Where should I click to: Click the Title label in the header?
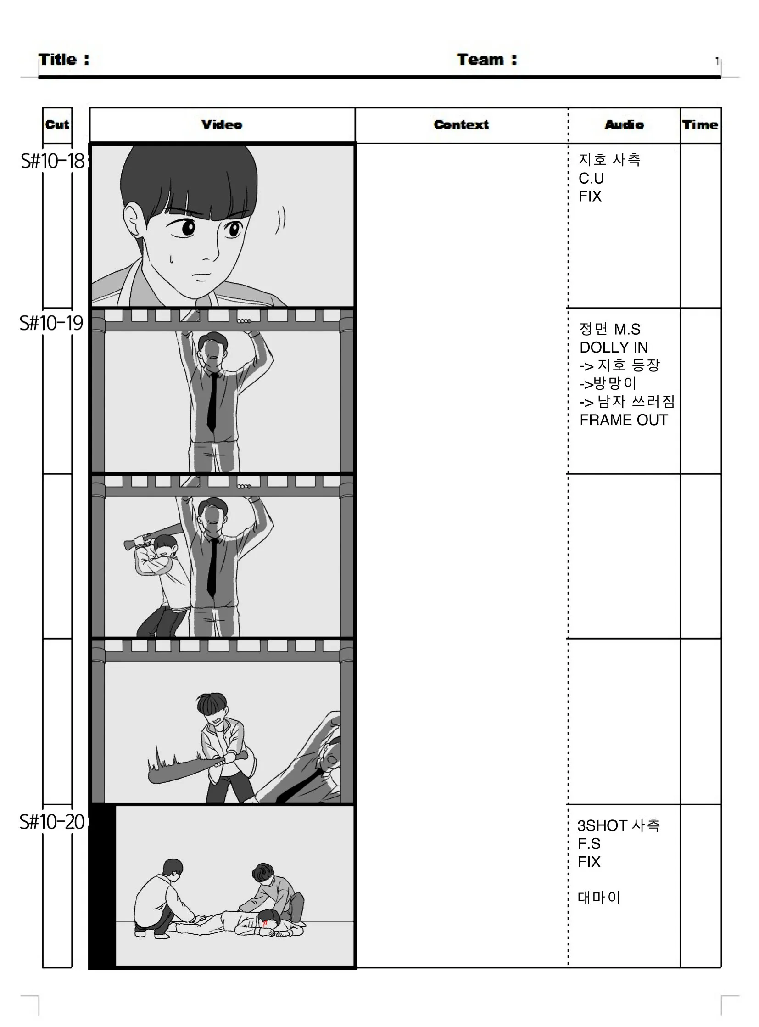pyautogui.click(x=64, y=60)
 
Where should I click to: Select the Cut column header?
pyautogui.click(x=57, y=124)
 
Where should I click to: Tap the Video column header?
pyautogui.click(x=222, y=124)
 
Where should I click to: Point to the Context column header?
pyautogui.click(x=461, y=124)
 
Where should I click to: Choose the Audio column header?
pyautogui.click(x=625, y=124)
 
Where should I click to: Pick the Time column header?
pyautogui.click(x=700, y=124)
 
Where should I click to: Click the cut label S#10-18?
pyautogui.click(x=53, y=161)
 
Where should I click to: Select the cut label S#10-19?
pyautogui.click(x=51, y=323)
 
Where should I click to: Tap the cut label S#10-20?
pyautogui.click(x=52, y=822)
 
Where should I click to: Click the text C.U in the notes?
pyautogui.click(x=592, y=179)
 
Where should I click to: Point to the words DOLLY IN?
pyautogui.click(x=614, y=348)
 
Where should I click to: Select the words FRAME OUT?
pyautogui.click(x=624, y=420)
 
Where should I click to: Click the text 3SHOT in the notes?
pyautogui.click(x=603, y=825)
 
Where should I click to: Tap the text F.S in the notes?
pyautogui.click(x=589, y=844)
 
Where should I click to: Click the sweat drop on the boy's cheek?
pyautogui.click(x=171, y=260)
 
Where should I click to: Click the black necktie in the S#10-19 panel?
pyautogui.click(x=212, y=402)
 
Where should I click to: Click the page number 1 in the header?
pyautogui.click(x=717, y=61)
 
